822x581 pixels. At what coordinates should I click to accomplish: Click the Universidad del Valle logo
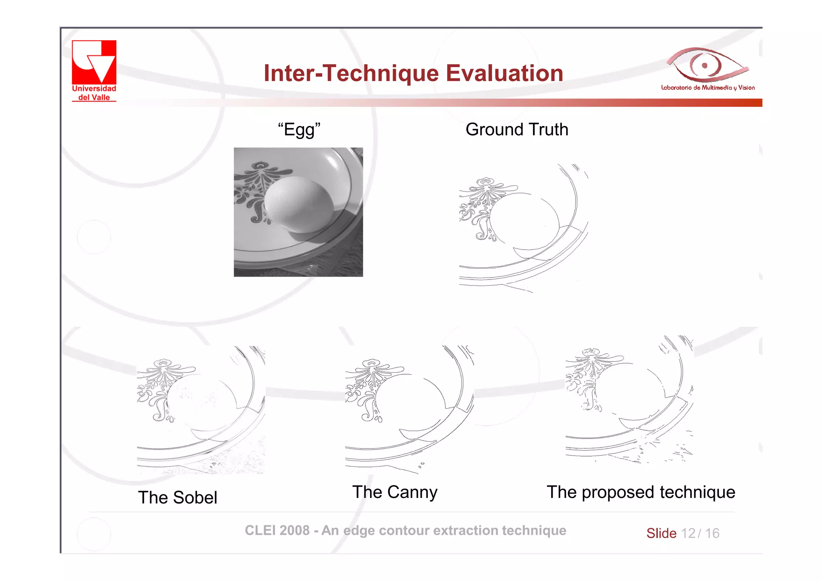coord(94,70)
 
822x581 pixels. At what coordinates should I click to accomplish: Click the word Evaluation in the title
coord(505,73)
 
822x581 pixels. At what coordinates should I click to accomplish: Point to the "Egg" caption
coord(299,130)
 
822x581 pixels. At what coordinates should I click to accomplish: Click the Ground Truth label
coord(517,130)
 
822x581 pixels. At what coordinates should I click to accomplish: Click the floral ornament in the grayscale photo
coord(257,189)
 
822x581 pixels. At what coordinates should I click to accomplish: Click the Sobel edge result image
coord(201,410)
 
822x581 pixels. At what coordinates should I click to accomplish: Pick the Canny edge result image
coord(409,410)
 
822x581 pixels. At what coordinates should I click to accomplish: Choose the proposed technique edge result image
coord(629,400)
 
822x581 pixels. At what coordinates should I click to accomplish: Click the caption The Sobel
coord(177,497)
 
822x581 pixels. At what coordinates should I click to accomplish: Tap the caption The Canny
coord(395,492)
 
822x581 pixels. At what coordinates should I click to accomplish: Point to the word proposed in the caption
coord(618,493)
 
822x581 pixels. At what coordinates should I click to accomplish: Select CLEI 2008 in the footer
coord(277,530)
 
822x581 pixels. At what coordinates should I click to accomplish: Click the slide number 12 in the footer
coord(688,533)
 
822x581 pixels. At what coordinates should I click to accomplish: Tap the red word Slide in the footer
coord(661,533)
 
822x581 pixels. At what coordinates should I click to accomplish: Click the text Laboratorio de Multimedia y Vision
coord(708,88)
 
